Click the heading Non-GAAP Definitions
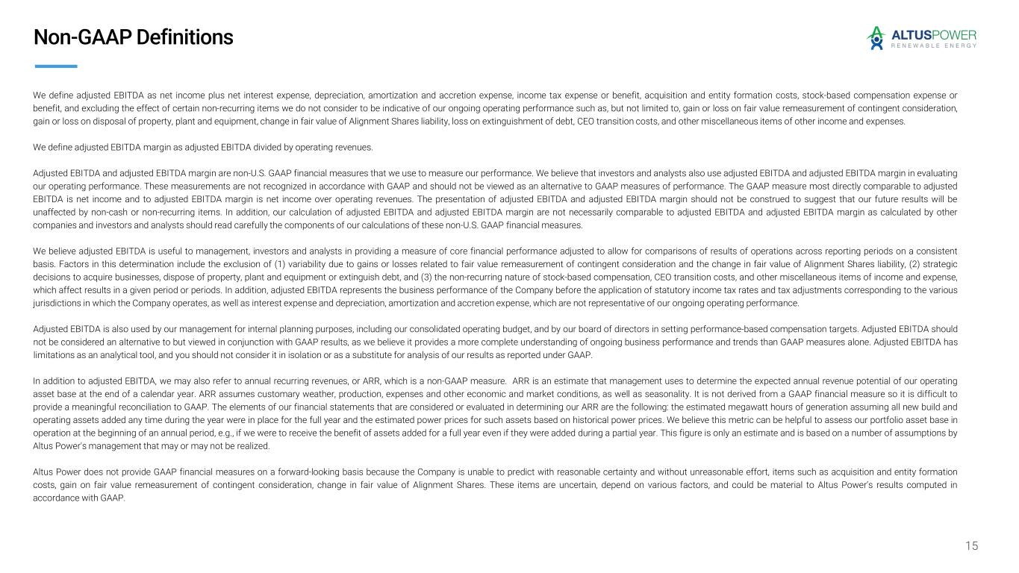tap(133, 37)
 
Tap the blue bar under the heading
tap(56, 66)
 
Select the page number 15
tap(971, 546)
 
